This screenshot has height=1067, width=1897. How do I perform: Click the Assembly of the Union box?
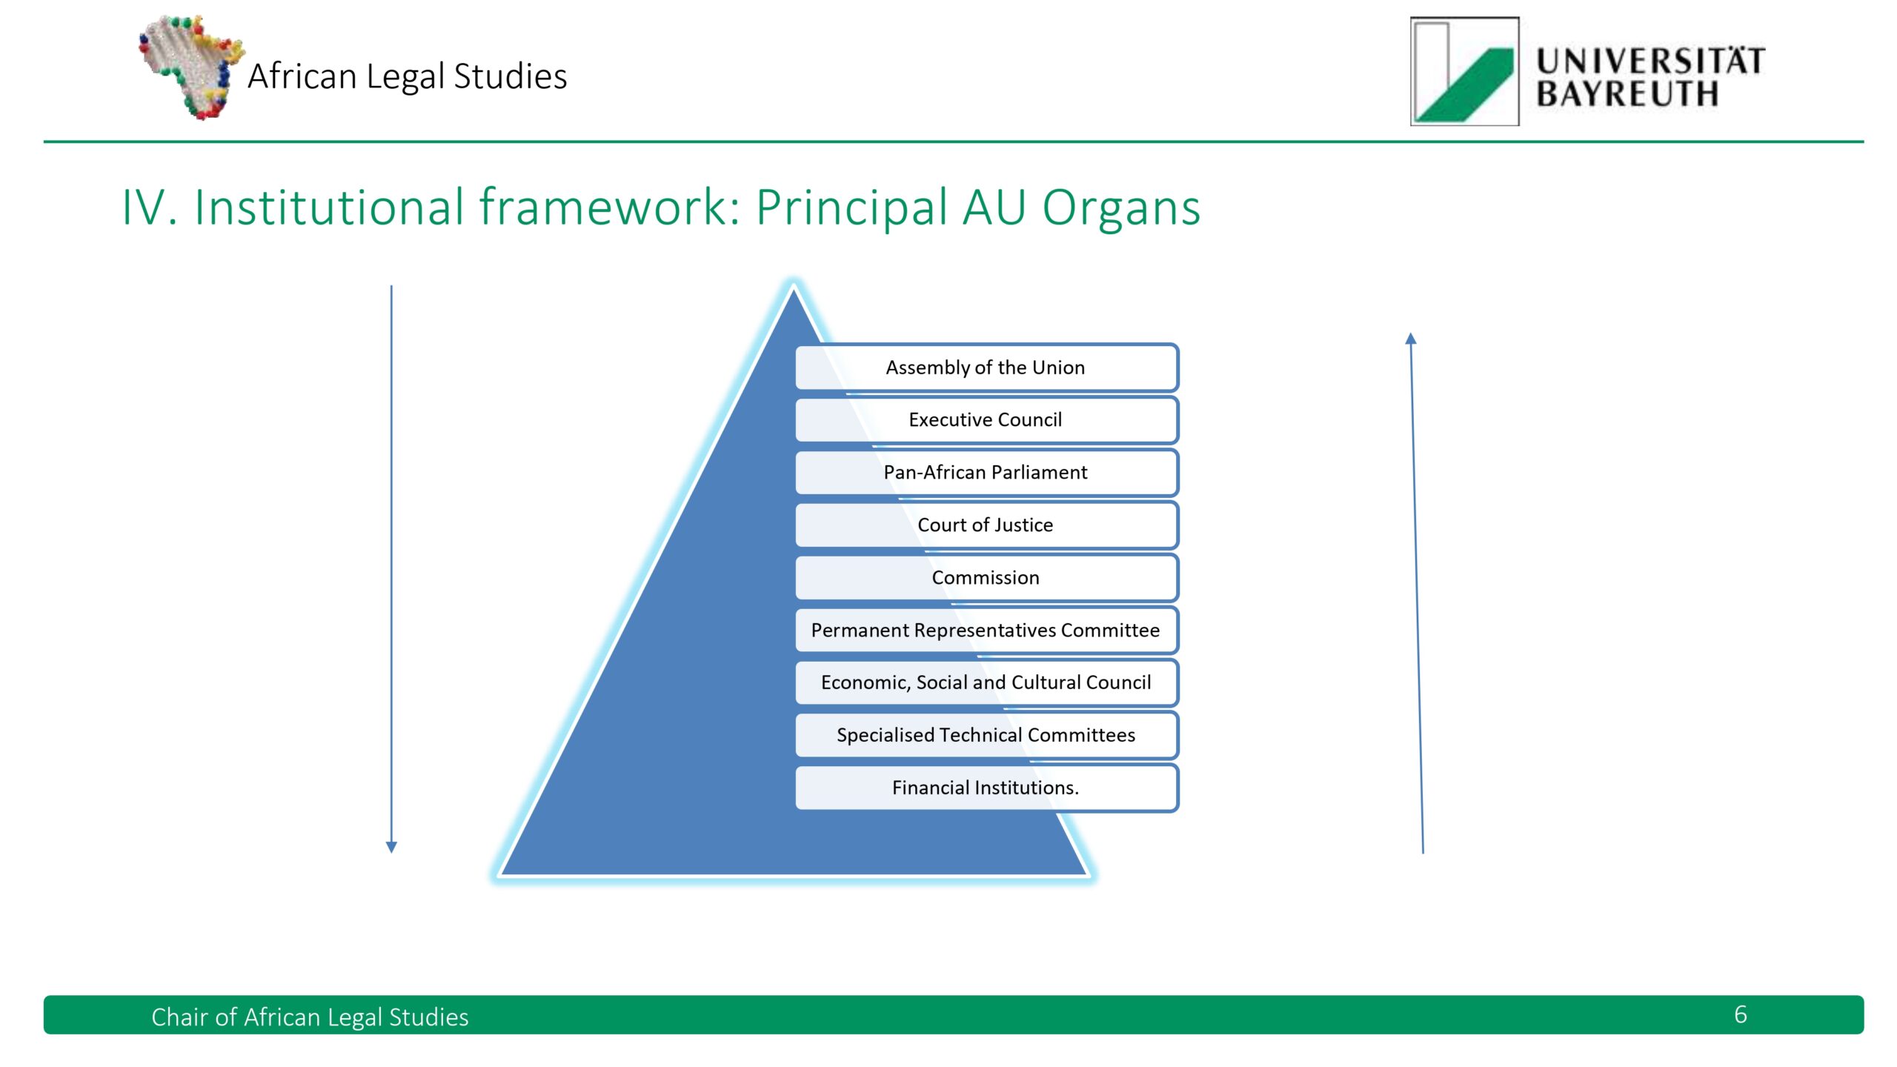point(986,368)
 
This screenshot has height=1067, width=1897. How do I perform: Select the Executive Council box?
point(986,420)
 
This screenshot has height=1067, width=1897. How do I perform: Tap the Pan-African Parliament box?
point(986,473)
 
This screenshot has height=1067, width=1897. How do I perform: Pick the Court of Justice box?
point(986,525)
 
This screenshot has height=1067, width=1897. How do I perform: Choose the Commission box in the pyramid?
point(986,578)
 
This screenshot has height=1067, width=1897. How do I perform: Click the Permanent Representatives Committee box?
point(986,631)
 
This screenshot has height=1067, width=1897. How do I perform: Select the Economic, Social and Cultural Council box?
point(986,682)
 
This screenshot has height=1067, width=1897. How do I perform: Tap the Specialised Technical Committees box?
point(986,735)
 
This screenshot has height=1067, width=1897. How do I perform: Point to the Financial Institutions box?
point(986,788)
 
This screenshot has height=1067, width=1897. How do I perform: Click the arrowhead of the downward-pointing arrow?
point(392,847)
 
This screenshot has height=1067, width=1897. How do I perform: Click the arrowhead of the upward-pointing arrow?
point(1411,339)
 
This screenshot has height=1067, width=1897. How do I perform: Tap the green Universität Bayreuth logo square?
point(1464,72)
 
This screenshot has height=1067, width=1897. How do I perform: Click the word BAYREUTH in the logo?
point(1627,94)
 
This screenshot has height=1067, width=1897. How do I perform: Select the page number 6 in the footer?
point(1741,1014)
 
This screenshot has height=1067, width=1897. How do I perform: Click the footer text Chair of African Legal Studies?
point(310,1017)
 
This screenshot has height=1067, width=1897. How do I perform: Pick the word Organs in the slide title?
point(1121,207)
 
